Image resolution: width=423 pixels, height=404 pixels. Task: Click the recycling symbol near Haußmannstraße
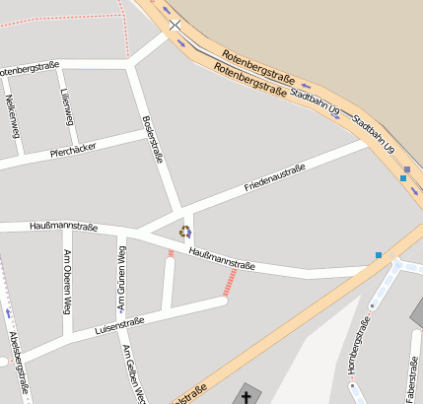coord(184,232)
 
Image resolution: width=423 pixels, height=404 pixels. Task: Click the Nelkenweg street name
coord(12,114)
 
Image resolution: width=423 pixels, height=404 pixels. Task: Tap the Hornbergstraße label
coord(362,349)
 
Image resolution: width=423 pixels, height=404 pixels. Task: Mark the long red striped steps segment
coord(230,284)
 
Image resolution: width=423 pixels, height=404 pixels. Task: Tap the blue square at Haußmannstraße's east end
coord(379,256)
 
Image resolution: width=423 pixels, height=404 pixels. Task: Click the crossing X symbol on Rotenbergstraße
coord(175,25)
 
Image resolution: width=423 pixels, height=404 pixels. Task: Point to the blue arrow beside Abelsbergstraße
coord(9,313)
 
